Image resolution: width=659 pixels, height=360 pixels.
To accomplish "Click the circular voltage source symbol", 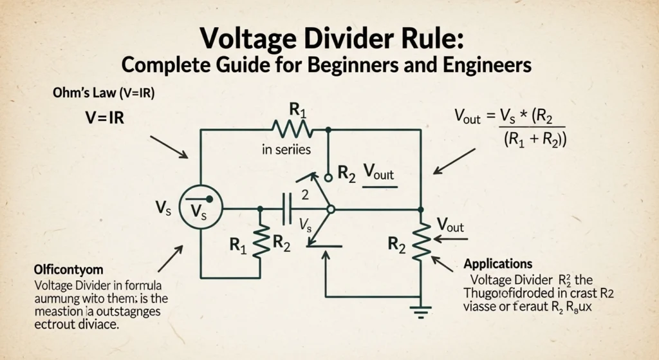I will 200,209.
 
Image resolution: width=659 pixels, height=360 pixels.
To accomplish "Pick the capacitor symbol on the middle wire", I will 287,209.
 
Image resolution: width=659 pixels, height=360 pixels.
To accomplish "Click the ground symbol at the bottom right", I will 420,313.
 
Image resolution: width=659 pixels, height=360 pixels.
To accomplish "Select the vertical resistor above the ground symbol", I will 420,242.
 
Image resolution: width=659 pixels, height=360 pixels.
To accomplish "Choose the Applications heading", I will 497,264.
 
